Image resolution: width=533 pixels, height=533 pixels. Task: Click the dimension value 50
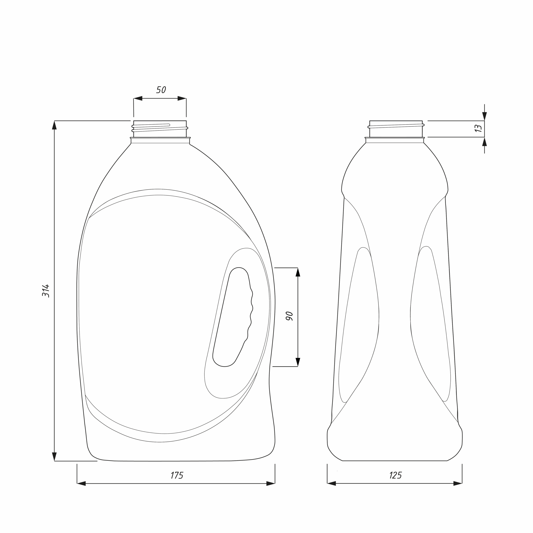click(161, 90)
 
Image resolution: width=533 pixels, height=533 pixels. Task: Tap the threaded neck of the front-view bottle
click(160, 129)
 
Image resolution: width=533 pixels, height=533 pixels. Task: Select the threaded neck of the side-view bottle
click(396, 129)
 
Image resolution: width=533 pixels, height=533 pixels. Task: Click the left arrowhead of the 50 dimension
click(138, 98)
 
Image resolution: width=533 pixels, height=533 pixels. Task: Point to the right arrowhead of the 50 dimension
click(182, 98)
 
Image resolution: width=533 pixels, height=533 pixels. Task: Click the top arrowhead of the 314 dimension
click(54, 125)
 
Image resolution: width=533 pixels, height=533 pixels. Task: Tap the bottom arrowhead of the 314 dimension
click(54, 457)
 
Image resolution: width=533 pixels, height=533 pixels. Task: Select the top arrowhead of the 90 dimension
click(298, 272)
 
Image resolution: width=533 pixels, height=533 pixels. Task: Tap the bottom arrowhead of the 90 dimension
click(298, 362)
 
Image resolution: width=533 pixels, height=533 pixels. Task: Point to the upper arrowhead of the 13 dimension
click(484, 116)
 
